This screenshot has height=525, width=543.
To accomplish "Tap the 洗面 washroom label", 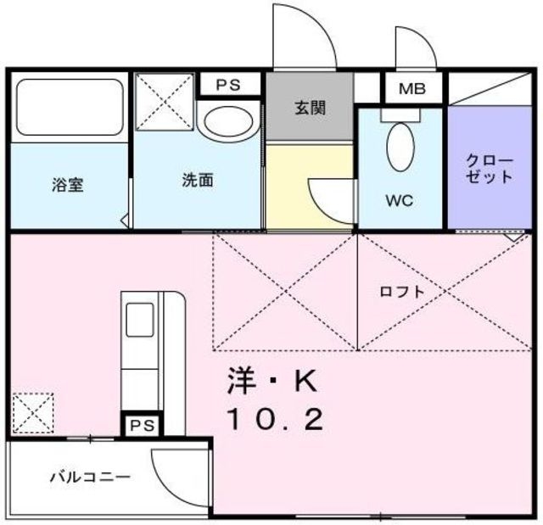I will click(197, 180).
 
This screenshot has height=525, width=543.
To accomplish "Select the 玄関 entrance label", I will click(310, 109).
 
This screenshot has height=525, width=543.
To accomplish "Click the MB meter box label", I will click(413, 88).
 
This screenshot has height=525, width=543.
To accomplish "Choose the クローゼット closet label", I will click(490, 168).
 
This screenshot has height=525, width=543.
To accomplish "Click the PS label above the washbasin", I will click(227, 85).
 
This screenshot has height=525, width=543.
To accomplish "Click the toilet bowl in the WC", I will click(399, 148).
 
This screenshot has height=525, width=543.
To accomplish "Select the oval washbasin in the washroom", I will click(228, 122).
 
